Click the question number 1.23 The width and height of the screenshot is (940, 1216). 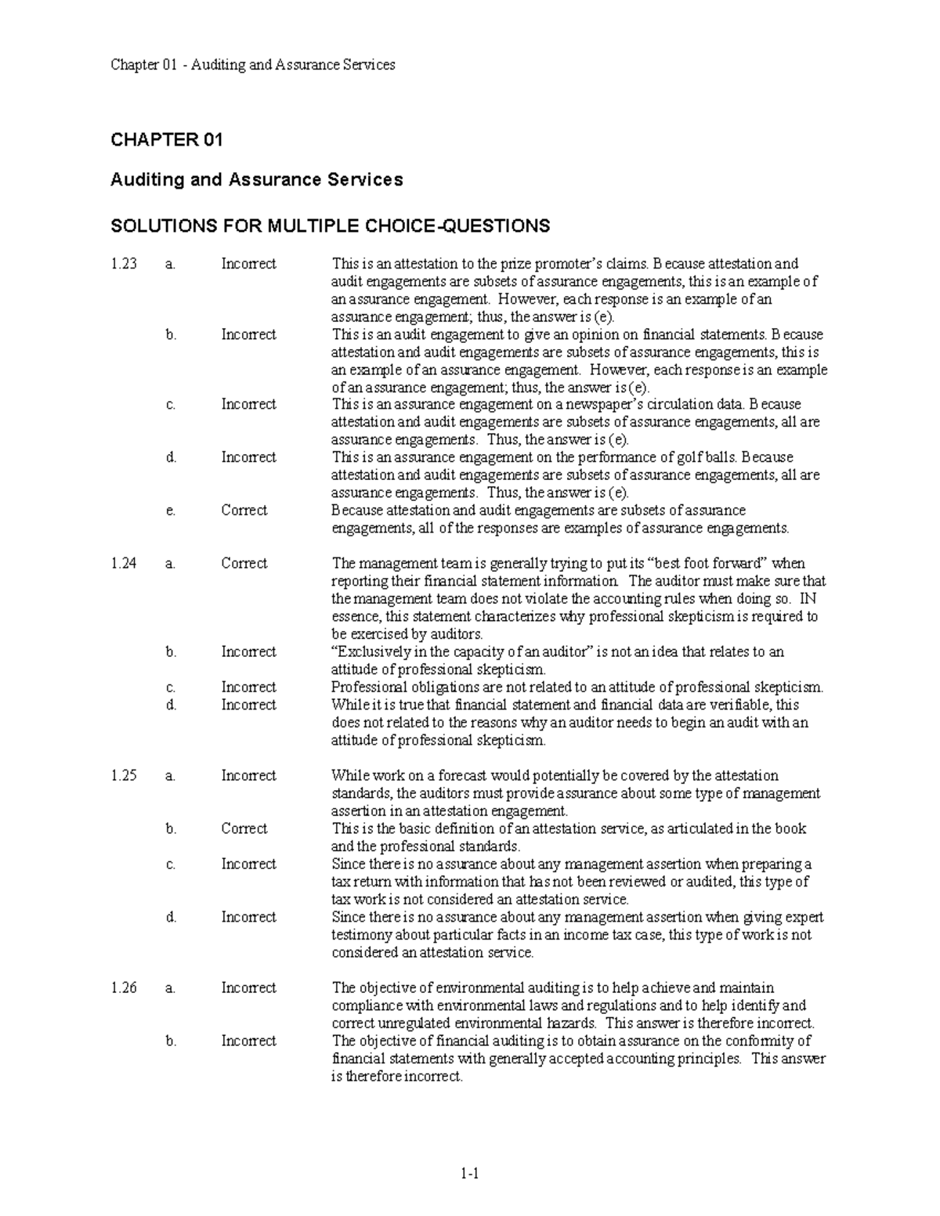click(x=124, y=264)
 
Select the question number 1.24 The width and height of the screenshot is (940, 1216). click(x=124, y=563)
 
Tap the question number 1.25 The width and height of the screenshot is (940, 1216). click(x=124, y=775)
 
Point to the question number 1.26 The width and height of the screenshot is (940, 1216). click(x=124, y=987)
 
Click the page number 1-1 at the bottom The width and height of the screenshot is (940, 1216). click(x=470, y=1173)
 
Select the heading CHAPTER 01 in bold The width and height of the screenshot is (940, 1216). click(x=167, y=140)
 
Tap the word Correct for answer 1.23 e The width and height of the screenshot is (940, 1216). click(x=244, y=511)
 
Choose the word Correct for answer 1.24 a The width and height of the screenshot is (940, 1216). click(x=244, y=563)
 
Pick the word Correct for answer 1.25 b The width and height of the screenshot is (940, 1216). click(x=244, y=828)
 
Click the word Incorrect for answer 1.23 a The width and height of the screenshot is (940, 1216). click(x=248, y=264)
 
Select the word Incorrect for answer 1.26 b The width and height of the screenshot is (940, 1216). click(x=248, y=1041)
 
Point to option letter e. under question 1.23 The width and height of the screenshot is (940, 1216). click(x=171, y=511)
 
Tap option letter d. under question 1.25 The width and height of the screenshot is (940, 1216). click(x=171, y=917)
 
